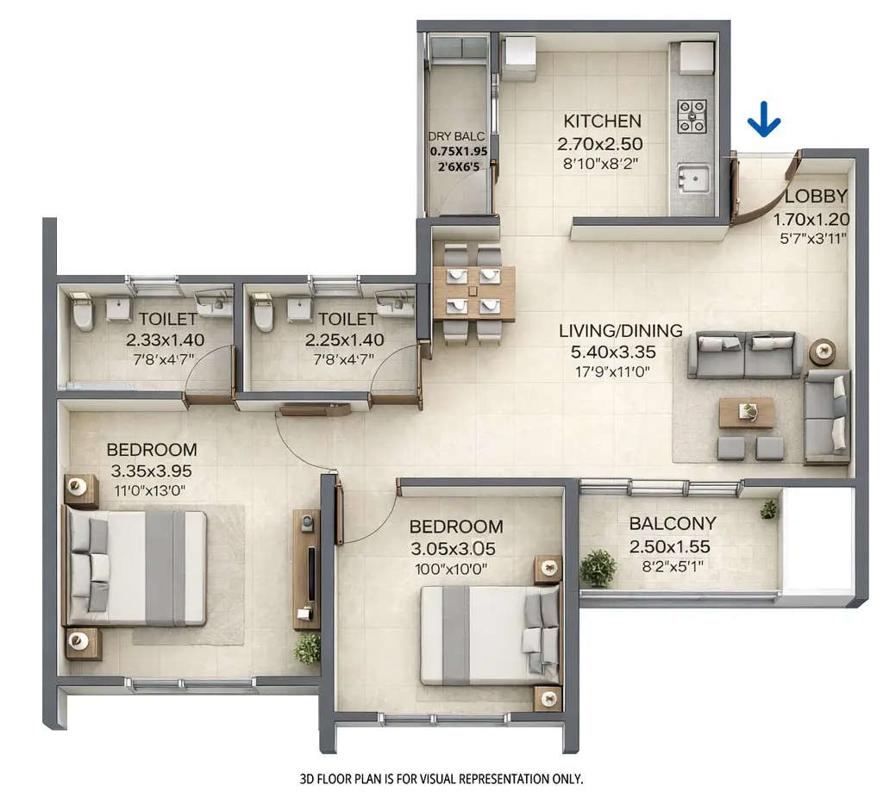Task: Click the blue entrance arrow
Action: pyautogui.click(x=764, y=120)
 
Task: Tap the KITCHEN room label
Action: pyautogui.click(x=602, y=121)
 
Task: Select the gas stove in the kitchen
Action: pyautogui.click(x=692, y=116)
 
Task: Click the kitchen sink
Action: pyautogui.click(x=692, y=178)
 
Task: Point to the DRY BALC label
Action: pyautogui.click(x=457, y=136)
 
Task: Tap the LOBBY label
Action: pyautogui.click(x=816, y=196)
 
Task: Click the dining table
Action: pyautogui.click(x=473, y=294)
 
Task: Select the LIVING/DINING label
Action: pyautogui.click(x=620, y=330)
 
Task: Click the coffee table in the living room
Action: pyautogui.click(x=747, y=413)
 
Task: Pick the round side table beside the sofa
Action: pyautogui.click(x=822, y=351)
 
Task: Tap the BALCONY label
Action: pyautogui.click(x=672, y=523)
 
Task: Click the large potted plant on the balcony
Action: pyautogui.click(x=598, y=568)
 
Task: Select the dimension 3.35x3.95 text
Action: pyautogui.click(x=151, y=471)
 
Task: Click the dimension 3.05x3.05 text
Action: pyautogui.click(x=455, y=548)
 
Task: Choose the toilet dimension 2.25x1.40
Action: pyautogui.click(x=344, y=340)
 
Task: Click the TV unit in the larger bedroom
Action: pyautogui.click(x=307, y=569)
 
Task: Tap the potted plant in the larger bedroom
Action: pyautogui.click(x=307, y=648)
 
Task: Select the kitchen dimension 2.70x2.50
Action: pyautogui.click(x=603, y=143)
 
